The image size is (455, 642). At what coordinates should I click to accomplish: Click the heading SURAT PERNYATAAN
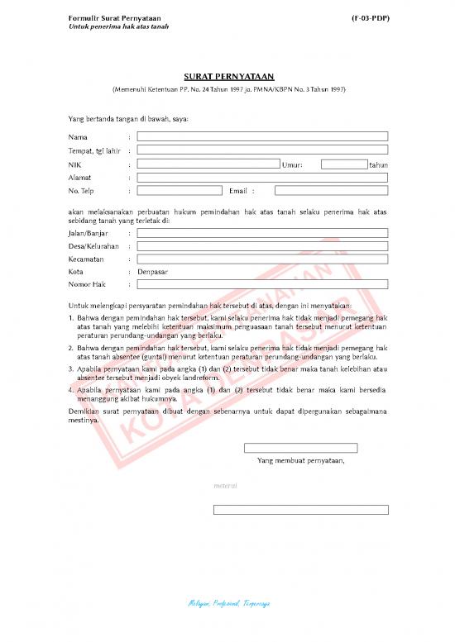pyautogui.click(x=227, y=76)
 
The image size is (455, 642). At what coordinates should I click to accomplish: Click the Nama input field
pyautogui.click(x=262, y=136)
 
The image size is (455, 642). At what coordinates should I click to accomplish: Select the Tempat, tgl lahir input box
pyautogui.click(x=262, y=150)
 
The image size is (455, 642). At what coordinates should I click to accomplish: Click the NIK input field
pyautogui.click(x=208, y=164)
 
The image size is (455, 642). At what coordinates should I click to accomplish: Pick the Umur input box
pyautogui.click(x=344, y=164)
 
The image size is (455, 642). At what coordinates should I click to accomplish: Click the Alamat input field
pyautogui.click(x=262, y=178)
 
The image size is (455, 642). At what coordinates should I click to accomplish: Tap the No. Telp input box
pyautogui.click(x=180, y=191)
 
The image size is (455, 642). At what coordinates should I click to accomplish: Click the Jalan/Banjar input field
pyautogui.click(x=262, y=233)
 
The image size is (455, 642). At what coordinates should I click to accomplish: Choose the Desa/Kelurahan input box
pyautogui.click(x=262, y=246)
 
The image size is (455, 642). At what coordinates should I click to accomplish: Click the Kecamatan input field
pyautogui.click(x=262, y=259)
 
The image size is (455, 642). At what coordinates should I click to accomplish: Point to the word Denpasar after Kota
pyautogui.click(x=152, y=271)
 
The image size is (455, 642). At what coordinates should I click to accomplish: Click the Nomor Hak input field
pyautogui.click(x=262, y=284)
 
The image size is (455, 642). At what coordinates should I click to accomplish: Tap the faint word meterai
pyautogui.click(x=226, y=486)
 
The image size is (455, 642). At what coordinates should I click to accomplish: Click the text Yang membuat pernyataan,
pyautogui.click(x=300, y=460)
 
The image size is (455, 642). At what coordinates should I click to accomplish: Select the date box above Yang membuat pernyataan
pyautogui.click(x=300, y=448)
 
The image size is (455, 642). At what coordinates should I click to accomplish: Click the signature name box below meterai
pyautogui.click(x=300, y=509)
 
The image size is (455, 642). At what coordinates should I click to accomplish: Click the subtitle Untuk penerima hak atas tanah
pyautogui.click(x=118, y=26)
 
